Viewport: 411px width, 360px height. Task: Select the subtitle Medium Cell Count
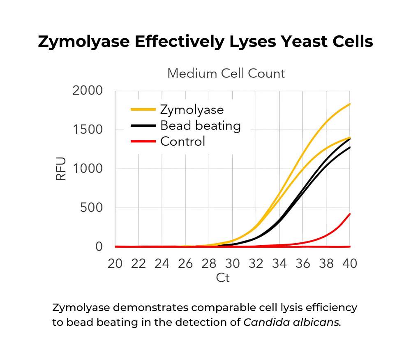(226, 74)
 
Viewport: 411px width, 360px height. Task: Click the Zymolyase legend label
(192, 110)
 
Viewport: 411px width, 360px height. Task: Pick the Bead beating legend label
(201, 125)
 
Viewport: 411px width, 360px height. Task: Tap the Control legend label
(182, 141)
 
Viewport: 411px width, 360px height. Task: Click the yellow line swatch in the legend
(143, 110)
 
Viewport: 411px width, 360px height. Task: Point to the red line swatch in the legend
(143, 141)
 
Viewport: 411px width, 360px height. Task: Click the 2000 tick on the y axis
(87, 91)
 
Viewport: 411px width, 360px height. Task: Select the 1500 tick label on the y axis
(87, 130)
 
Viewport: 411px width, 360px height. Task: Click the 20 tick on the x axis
(115, 263)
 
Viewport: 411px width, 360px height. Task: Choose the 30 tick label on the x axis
(232, 263)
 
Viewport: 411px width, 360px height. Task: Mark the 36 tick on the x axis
(303, 263)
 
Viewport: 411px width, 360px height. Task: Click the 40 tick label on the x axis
(349, 263)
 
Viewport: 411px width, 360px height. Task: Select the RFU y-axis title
(61, 169)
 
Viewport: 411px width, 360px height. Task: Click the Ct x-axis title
(223, 278)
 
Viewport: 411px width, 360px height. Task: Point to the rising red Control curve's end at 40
(349, 214)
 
